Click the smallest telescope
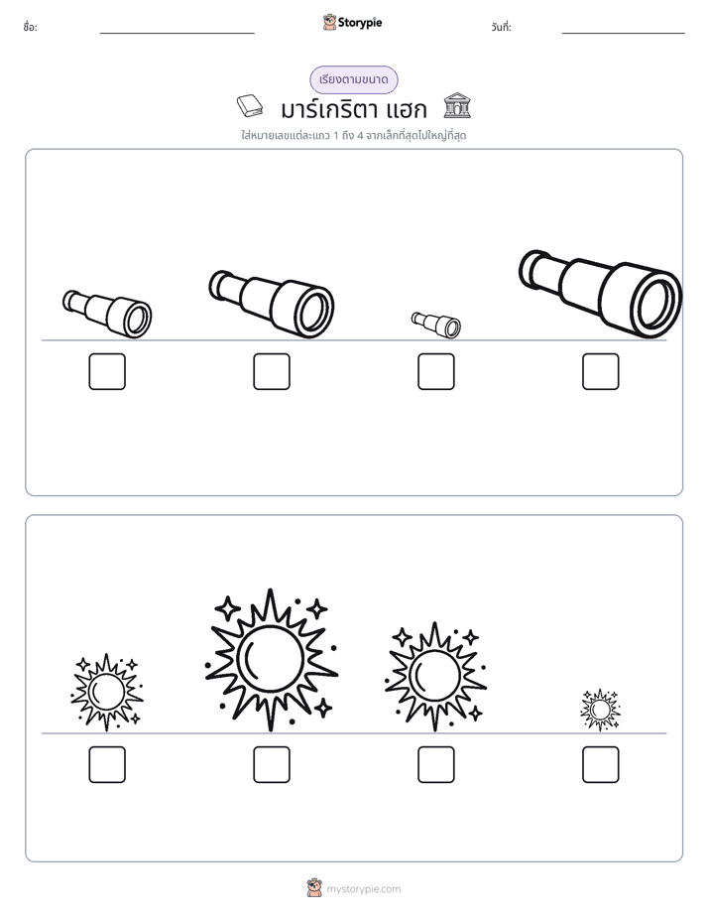(x=435, y=325)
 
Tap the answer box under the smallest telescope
(x=435, y=371)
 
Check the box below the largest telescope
(x=601, y=371)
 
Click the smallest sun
(x=600, y=710)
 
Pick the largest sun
(x=271, y=660)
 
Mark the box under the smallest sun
(x=601, y=764)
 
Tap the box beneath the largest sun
(x=272, y=764)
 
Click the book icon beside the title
(x=250, y=106)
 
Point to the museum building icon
(x=457, y=105)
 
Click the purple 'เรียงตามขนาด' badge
(x=353, y=79)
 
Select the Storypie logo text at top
(x=360, y=23)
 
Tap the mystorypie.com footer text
(x=363, y=889)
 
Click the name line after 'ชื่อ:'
(x=177, y=34)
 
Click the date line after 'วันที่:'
(x=624, y=34)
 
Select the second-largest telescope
(x=271, y=304)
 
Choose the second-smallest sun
(x=106, y=693)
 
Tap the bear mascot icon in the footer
(x=314, y=888)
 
